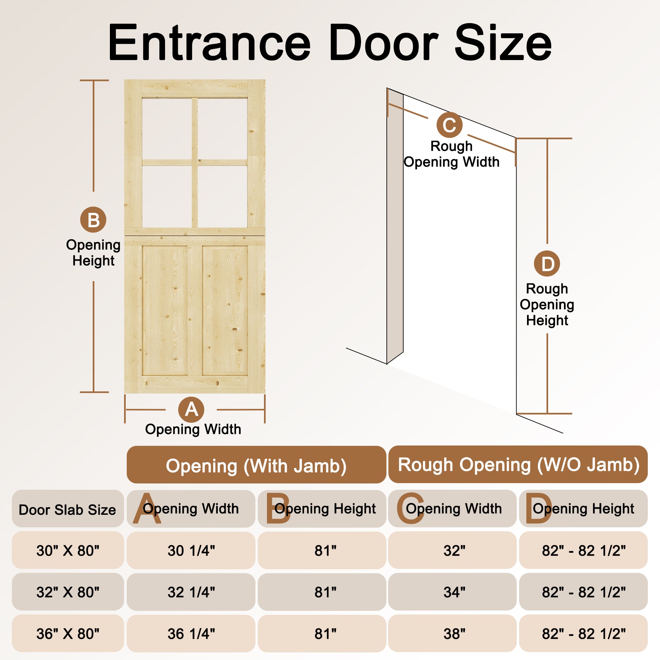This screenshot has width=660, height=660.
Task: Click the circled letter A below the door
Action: coord(191,410)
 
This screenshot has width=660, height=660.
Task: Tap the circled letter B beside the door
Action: coord(93,220)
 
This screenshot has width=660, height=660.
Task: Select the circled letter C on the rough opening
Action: coord(449,125)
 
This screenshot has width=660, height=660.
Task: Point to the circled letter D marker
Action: coord(547,263)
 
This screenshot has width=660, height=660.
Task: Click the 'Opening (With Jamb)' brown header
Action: coord(256,465)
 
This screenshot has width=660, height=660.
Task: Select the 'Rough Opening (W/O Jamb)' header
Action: coord(518,464)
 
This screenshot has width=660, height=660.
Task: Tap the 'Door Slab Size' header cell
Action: coord(68,508)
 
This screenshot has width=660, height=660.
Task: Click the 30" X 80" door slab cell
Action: coord(68,550)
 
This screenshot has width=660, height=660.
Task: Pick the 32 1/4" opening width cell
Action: coord(191,592)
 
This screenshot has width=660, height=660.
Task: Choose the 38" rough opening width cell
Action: coord(452,633)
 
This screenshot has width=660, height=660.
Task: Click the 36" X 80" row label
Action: coord(68,633)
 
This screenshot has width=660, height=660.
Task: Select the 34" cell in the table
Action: coord(452,592)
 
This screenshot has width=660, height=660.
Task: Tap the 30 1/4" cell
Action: coord(191,550)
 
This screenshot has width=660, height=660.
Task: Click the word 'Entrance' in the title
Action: coord(209,43)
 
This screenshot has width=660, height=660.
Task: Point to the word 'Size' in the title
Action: coord(503,43)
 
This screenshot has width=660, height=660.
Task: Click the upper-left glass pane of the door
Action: coord(167,128)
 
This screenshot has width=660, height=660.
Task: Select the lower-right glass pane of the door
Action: coord(222,196)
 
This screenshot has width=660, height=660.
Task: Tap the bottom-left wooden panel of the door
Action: coord(165,310)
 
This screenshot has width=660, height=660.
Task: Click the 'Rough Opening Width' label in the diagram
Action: coord(451,154)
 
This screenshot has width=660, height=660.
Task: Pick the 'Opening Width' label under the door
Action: coord(193,429)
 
